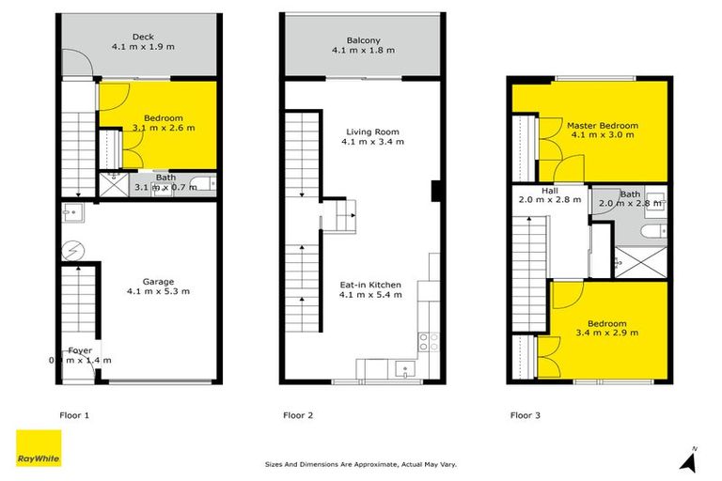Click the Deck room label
[143, 37]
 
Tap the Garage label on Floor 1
[144, 281]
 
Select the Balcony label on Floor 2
[362, 40]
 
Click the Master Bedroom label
[602, 125]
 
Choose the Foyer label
[80, 349]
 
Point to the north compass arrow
[692, 458]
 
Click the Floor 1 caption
[71, 413]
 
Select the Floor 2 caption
[298, 413]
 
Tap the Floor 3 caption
[525, 413]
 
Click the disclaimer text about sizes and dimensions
[361, 464]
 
